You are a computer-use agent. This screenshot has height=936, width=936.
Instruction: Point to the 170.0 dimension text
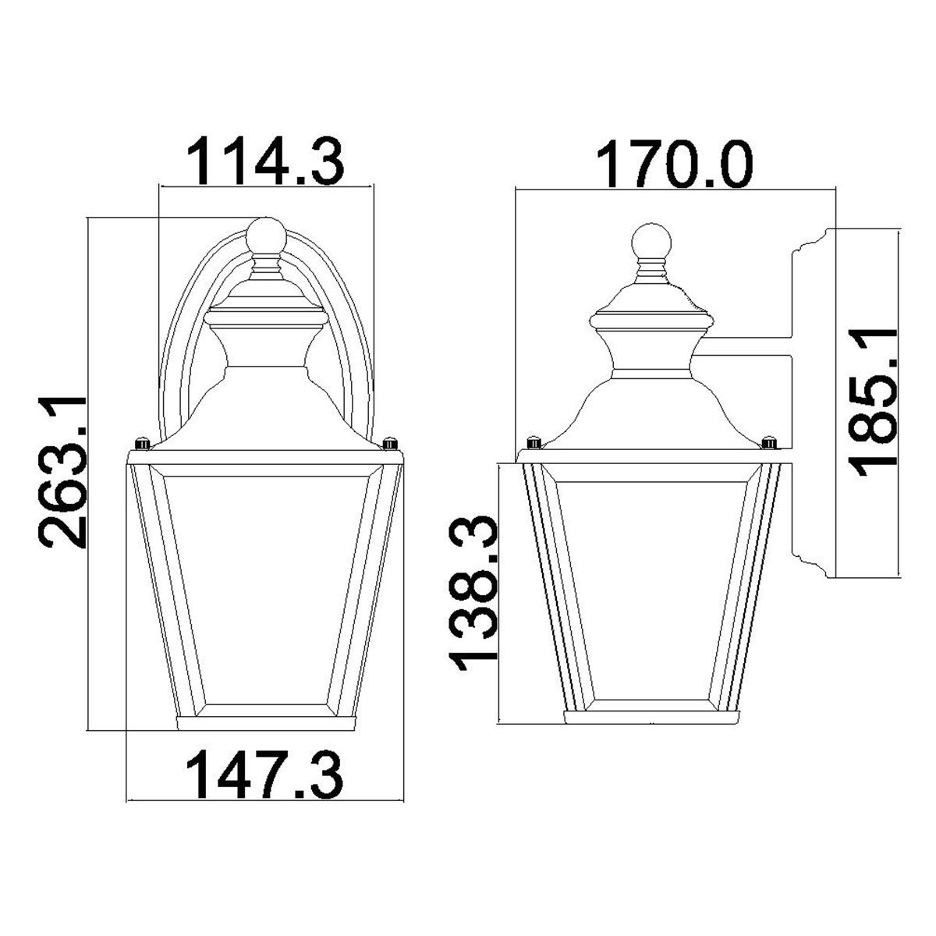coord(675,165)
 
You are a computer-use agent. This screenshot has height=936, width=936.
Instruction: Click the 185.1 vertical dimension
coord(874,398)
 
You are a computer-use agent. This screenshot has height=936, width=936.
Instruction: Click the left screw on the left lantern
coord(142,444)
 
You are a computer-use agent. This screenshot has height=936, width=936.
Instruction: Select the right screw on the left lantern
coord(388,444)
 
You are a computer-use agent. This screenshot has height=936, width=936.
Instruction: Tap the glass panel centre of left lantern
coord(265,589)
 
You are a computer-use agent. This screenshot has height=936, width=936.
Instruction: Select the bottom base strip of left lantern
coord(265,722)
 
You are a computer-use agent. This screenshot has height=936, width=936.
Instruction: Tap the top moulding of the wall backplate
coord(811,243)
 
